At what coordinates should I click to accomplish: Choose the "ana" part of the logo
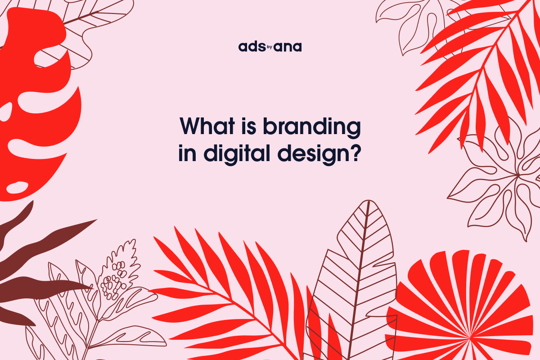tap(288, 47)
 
